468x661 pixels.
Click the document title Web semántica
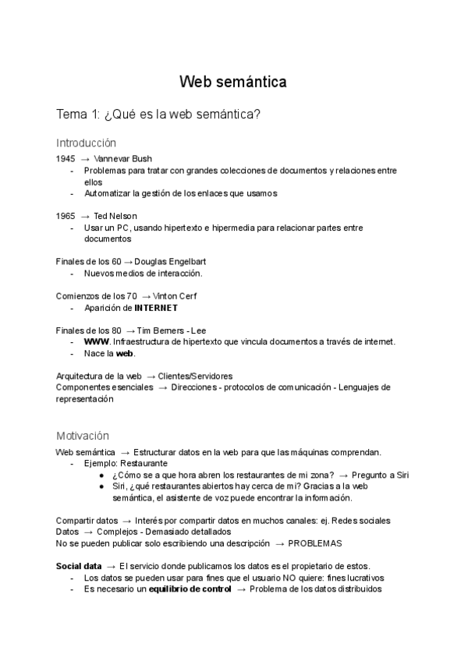[x=233, y=82]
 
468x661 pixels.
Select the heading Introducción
[x=86, y=143]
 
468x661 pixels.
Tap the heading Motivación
[x=83, y=435]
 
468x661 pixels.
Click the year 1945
[x=66, y=158]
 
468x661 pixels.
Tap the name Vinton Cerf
[x=175, y=295]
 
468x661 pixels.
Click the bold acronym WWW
[x=96, y=341]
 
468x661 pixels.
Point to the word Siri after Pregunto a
[x=400, y=475]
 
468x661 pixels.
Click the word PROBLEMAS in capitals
[x=315, y=543]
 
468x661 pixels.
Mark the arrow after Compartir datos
[x=126, y=521]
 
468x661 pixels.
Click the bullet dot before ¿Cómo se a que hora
[x=102, y=475]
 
